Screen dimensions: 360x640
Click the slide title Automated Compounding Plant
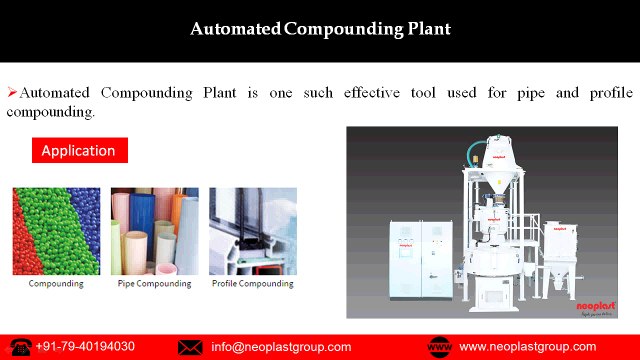[320, 29]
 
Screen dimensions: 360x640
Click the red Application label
[78, 151]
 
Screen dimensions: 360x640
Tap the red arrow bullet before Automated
[12, 92]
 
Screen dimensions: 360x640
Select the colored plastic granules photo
[56, 231]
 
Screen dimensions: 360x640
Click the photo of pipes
[154, 231]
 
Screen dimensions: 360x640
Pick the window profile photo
[252, 231]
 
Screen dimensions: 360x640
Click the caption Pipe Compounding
[154, 284]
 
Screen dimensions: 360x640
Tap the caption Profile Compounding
[253, 284]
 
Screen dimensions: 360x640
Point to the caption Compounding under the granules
[56, 284]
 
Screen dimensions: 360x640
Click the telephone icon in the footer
[18, 347]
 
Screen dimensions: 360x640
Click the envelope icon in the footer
[190, 347]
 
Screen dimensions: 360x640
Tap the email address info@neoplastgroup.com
[281, 347]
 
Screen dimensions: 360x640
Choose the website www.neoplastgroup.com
[527, 347]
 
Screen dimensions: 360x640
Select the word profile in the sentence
[609, 92]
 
